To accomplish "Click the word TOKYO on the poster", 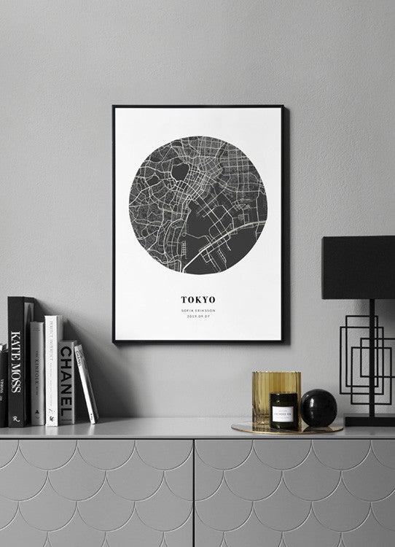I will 197,299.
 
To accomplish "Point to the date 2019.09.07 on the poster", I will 197,317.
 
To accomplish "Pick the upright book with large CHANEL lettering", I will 67,382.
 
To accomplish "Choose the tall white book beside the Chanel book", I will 52,369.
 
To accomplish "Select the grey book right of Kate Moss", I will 36,372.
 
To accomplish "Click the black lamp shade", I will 358,267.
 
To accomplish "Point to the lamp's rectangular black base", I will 369,421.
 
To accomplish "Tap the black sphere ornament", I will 319,407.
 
